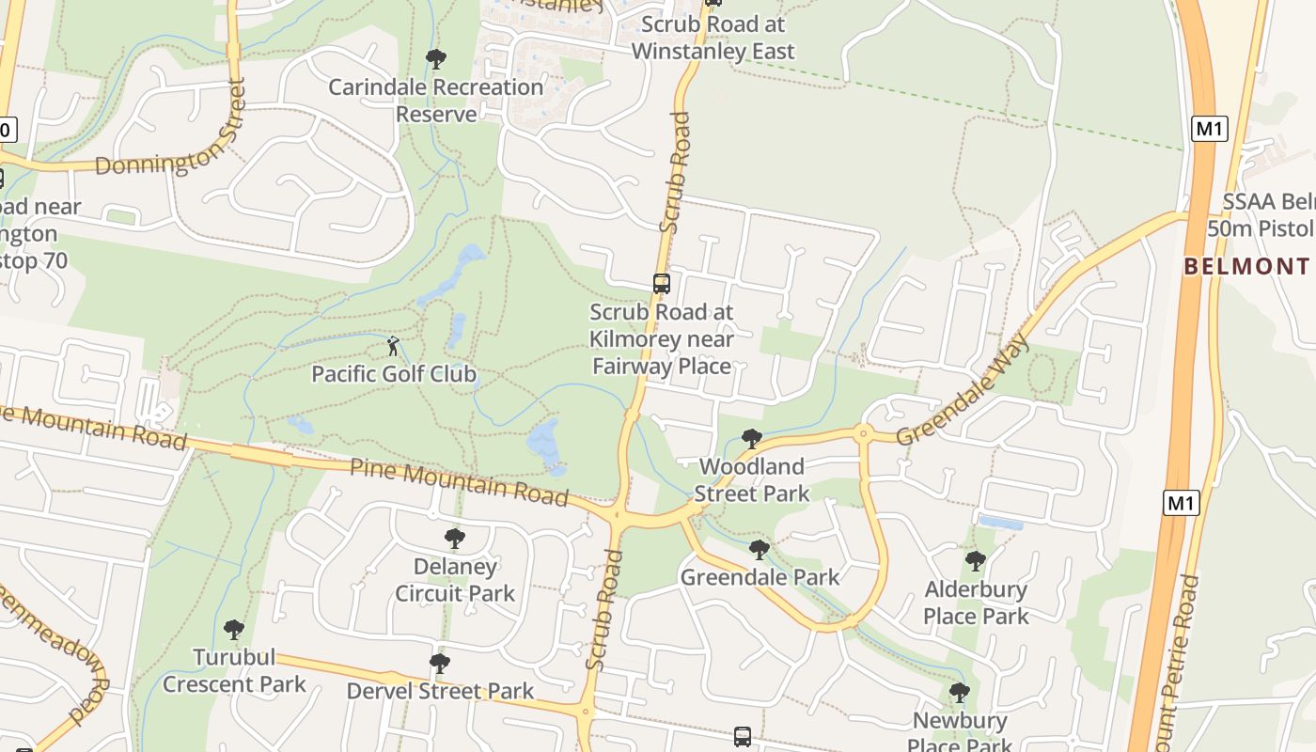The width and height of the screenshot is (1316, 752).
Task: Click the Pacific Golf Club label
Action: tap(394, 374)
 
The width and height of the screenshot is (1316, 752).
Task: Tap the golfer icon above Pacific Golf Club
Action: tap(393, 346)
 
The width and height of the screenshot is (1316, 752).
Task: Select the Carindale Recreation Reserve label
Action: tap(436, 101)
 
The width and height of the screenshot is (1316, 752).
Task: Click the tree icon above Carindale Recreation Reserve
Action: tap(435, 59)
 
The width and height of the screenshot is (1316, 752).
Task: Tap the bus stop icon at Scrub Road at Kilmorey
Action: tap(662, 283)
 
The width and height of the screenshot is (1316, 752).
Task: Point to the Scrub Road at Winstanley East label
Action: tap(713, 38)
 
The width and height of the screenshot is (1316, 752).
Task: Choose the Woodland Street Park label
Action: tap(752, 479)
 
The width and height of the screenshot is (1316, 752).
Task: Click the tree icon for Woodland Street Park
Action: tap(751, 438)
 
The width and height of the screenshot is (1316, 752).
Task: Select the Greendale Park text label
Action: tap(760, 576)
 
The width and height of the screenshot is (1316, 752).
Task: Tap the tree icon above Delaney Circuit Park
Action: tap(455, 539)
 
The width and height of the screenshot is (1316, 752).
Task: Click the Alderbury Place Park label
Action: tap(976, 603)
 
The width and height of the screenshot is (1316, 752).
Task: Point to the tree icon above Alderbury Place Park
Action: tap(976, 561)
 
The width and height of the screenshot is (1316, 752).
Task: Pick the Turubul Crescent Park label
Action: tap(234, 670)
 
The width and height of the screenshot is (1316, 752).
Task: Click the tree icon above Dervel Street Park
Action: tap(439, 664)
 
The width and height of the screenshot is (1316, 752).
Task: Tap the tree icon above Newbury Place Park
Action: tap(960, 693)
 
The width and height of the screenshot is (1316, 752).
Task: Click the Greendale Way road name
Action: tap(963, 389)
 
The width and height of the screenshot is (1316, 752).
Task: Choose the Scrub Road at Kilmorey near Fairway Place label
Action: tap(662, 338)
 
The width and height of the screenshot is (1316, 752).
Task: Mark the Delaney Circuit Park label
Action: tap(455, 580)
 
